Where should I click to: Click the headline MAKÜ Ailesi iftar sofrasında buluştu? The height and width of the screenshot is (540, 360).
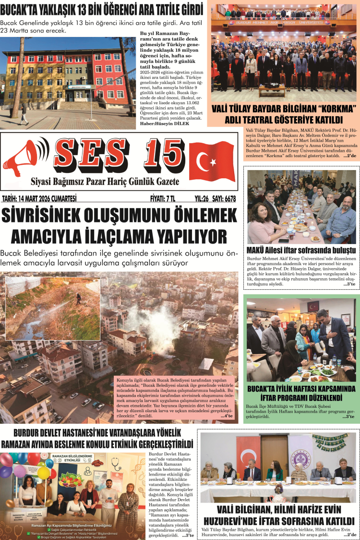pyautogui.click(x=301, y=250)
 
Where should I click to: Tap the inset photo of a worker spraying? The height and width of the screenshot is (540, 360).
pyautogui.click(x=53, y=307)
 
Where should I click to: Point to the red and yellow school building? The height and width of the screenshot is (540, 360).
pyautogui.click(x=72, y=72)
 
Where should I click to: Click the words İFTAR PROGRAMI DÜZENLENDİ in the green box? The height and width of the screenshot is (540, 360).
pyautogui.click(x=301, y=398)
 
